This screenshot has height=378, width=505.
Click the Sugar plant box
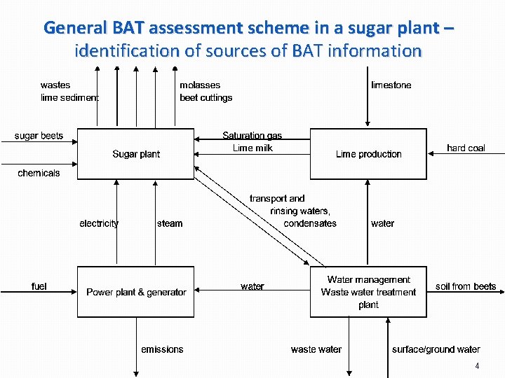coord(136,154)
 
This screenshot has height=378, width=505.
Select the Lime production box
coord(368,154)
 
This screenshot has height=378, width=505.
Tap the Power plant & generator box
coord(136,292)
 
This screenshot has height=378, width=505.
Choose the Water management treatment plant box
coord(368,292)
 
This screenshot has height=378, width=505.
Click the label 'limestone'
coord(391,85)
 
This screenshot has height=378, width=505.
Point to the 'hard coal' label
coord(466,148)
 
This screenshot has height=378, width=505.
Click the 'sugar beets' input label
coord(39,136)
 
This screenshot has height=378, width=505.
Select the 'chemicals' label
coord(39,173)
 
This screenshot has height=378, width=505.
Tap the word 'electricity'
coord(99,223)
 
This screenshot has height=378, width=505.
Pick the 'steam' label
coord(170,223)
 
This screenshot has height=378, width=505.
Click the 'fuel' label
coord(39,286)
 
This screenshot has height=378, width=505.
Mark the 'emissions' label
coord(162,349)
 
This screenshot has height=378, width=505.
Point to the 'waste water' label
coord(316,349)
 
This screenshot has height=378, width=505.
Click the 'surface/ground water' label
coord(436,349)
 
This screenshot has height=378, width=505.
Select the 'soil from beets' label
coord(466,286)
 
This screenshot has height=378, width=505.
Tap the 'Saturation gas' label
coord(252,136)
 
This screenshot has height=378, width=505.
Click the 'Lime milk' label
coord(252,148)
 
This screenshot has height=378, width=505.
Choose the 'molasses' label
coord(200,85)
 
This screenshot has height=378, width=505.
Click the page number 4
coord(477,366)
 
